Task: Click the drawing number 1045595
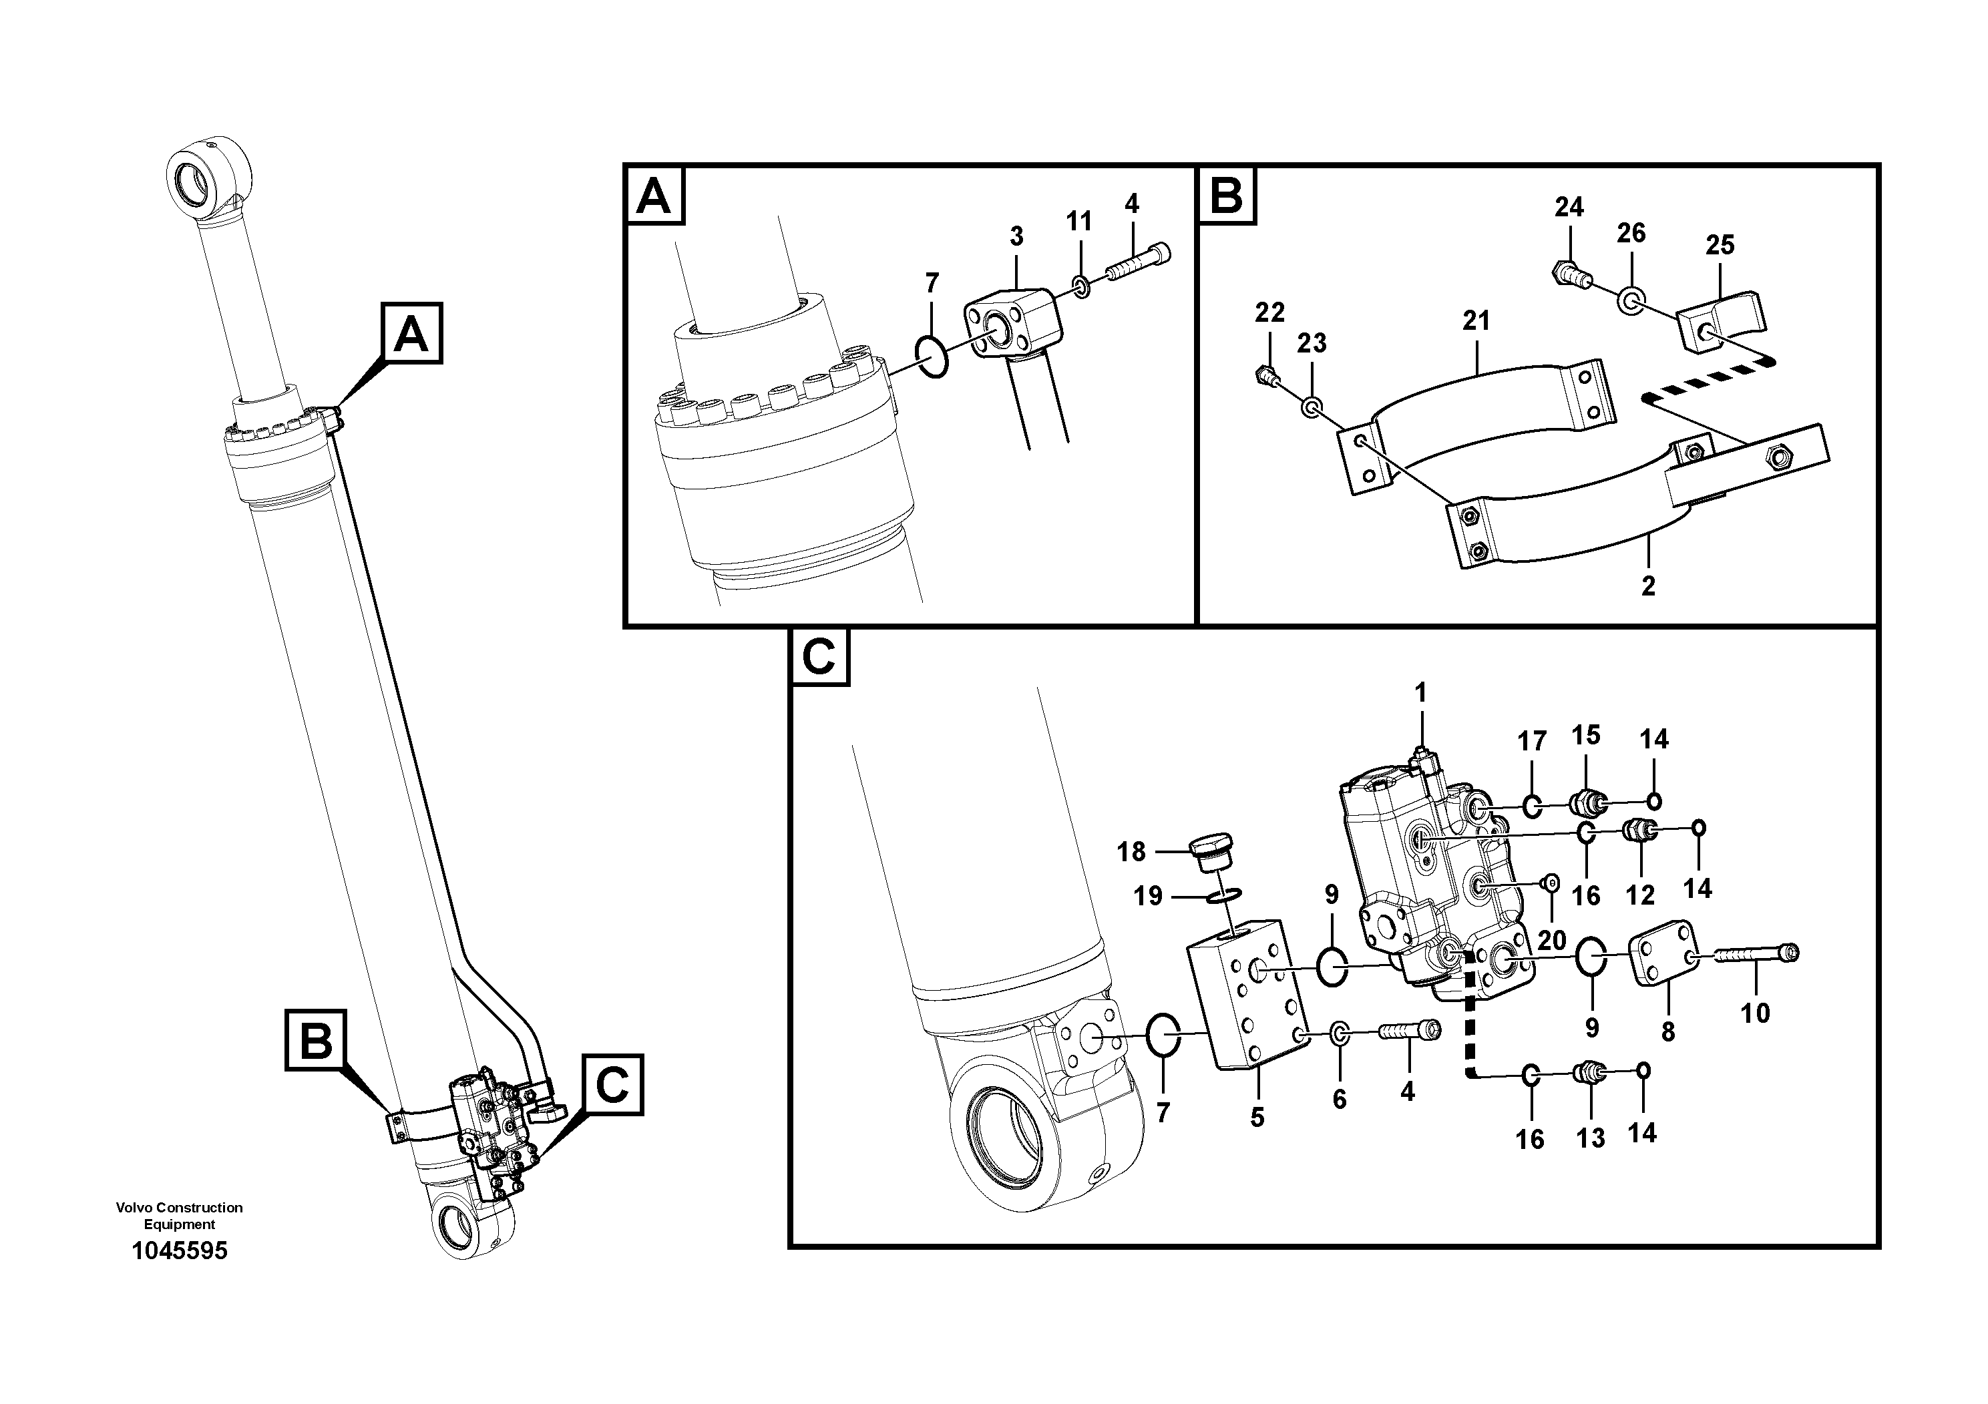click(179, 1251)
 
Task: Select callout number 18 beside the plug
click(1131, 852)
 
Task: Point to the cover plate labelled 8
click(1664, 953)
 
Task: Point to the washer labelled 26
click(1631, 301)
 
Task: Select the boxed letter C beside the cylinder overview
click(612, 1086)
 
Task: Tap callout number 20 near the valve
click(1551, 940)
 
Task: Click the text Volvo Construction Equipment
click(179, 1215)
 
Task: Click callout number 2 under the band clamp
click(1647, 586)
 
